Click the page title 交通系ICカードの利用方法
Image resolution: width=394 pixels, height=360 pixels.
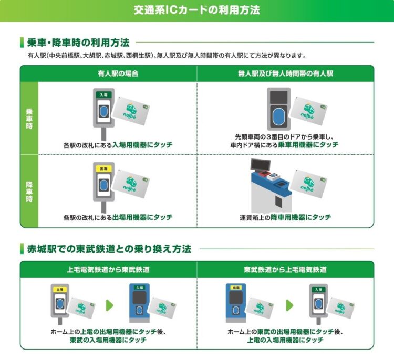click(197, 10)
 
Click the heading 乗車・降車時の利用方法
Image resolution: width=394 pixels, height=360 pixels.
click(78, 43)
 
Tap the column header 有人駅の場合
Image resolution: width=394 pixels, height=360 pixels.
click(118, 73)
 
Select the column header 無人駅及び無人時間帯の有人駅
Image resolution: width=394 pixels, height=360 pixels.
click(285, 73)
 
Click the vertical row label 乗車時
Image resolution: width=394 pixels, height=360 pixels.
click(29, 119)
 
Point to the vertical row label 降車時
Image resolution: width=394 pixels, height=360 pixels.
click(29, 192)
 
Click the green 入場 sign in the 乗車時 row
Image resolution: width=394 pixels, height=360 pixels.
click(103, 94)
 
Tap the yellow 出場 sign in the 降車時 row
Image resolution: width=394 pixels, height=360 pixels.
click(103, 168)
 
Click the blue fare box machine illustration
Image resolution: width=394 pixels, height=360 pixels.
click(271, 186)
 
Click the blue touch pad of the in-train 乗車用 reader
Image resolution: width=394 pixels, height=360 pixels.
click(278, 117)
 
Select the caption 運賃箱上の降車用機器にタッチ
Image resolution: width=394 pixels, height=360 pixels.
click(285, 217)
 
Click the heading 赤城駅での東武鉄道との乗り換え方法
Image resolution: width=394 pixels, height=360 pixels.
click(109, 249)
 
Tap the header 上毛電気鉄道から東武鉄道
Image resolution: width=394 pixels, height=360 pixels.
click(108, 269)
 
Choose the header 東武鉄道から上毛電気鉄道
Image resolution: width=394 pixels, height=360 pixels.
click(285, 269)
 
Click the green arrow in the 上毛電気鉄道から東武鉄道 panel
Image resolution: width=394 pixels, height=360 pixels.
click(110, 305)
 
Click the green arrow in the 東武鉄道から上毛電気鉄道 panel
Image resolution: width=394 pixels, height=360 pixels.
click(289, 305)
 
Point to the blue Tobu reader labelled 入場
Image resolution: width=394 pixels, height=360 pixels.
click(139, 303)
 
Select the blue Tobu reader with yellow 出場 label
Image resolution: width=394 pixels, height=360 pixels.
click(236, 303)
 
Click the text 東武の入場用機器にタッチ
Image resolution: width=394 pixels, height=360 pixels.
click(108, 340)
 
